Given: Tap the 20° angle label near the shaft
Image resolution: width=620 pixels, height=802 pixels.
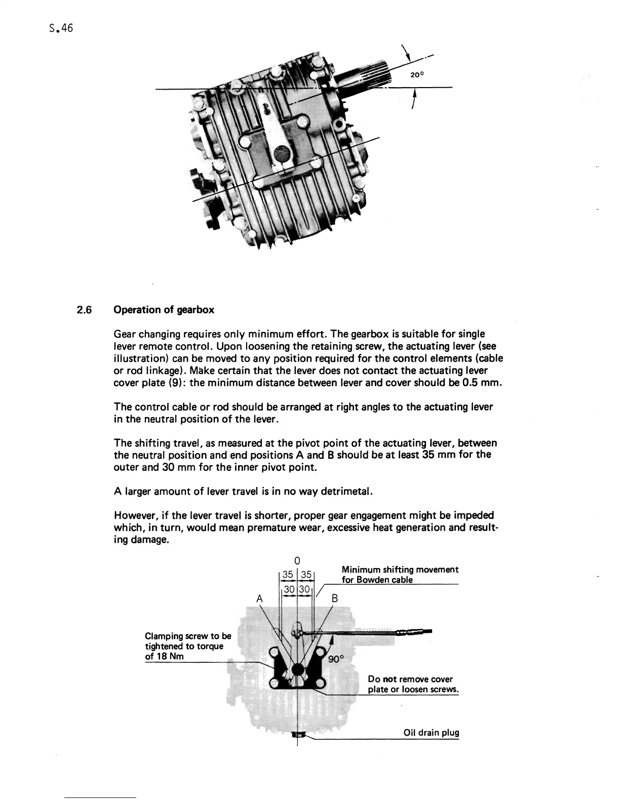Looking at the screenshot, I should pos(416,75).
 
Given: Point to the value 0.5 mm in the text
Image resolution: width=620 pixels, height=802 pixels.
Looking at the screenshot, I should pos(483,383).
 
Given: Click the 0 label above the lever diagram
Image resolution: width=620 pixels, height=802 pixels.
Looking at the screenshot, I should pos(297,560).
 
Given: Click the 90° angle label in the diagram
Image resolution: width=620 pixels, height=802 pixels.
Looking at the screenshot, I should pos(336,659).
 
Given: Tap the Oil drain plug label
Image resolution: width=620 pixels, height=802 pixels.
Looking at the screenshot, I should pos(431,733).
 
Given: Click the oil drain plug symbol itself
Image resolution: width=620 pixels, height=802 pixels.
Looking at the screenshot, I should pos(298,735).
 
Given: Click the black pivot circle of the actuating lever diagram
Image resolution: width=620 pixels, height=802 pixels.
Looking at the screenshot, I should pos(298,669).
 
